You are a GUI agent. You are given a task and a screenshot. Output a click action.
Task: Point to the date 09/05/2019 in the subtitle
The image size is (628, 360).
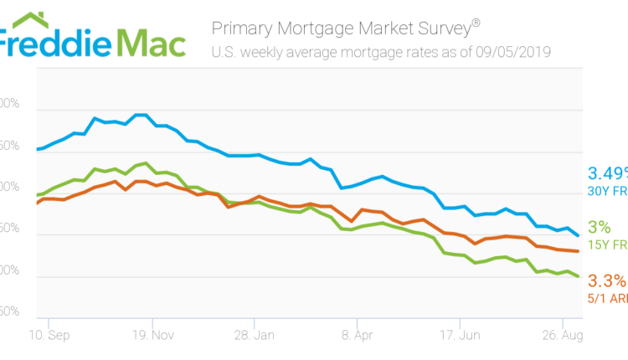pyautogui.click(x=512, y=53)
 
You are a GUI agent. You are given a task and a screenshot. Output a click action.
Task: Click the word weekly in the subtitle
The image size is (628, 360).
pyautogui.click(x=261, y=53)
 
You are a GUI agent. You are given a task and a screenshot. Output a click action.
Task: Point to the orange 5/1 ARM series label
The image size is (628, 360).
pyautogui.click(x=607, y=297)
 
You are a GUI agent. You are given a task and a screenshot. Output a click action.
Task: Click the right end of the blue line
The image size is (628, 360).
pyautogui.click(x=578, y=236)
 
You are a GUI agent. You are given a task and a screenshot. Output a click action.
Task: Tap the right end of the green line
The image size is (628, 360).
pyautogui.click(x=578, y=276)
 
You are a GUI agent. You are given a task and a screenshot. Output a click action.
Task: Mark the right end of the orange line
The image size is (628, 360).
pyautogui.click(x=578, y=251)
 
